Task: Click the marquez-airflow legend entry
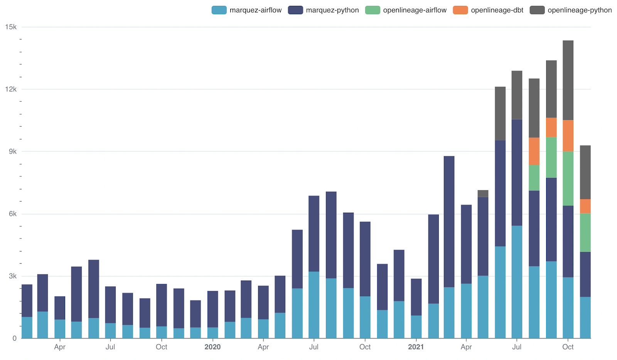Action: pyautogui.click(x=247, y=10)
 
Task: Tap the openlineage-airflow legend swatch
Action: pyautogui.click(x=373, y=10)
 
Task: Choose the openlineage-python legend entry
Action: pyautogui.click(x=571, y=10)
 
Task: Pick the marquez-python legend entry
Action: pyautogui.click(x=324, y=10)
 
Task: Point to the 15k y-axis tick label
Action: pyautogui.click(x=11, y=27)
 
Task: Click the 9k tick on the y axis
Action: pyautogui.click(x=13, y=151)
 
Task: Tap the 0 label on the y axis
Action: pyautogui.click(x=15, y=338)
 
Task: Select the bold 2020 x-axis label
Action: pyautogui.click(x=212, y=347)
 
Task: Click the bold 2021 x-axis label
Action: pyautogui.click(x=416, y=347)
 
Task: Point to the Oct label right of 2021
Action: pyautogui.click(x=568, y=347)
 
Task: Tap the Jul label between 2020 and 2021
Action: pyautogui.click(x=314, y=347)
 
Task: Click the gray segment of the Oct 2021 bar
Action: pyautogui.click(x=568, y=80)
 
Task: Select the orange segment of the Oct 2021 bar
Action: pyautogui.click(x=568, y=135)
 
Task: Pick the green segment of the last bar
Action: pyautogui.click(x=585, y=232)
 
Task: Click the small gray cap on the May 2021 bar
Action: pyautogui.click(x=483, y=193)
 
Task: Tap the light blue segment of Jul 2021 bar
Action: pyautogui.click(x=517, y=282)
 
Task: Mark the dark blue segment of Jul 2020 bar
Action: pyautogui.click(x=314, y=233)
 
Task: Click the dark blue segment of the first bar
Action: pyautogui.click(x=27, y=301)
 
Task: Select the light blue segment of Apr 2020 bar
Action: pyautogui.click(x=263, y=329)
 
